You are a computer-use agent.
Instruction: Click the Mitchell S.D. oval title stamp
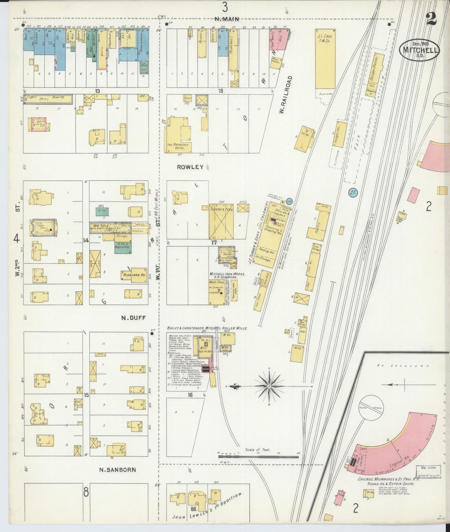click(419, 49)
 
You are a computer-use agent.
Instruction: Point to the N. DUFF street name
click(133, 318)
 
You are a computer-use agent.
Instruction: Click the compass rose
click(269, 386)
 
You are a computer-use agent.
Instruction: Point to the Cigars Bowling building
click(48, 99)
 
